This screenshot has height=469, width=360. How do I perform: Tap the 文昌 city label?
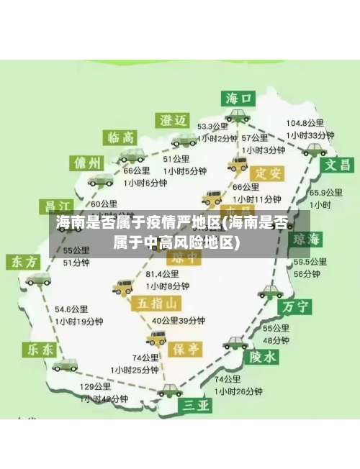(x=340, y=163)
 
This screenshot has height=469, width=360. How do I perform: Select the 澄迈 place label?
(x=174, y=119)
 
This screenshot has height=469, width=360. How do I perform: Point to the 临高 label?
(x=121, y=137)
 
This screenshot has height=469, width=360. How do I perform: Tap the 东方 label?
(x=24, y=262)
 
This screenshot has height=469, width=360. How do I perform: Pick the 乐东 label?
(x=40, y=350)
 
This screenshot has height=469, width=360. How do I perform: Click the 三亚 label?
(x=197, y=406)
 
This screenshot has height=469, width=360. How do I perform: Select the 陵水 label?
(x=263, y=356)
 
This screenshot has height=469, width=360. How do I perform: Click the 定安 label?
(x=267, y=173)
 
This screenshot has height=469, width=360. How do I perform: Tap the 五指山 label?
(x=155, y=303)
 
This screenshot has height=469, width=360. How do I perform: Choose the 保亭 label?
(x=186, y=349)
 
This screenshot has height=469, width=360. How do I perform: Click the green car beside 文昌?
(x=314, y=150)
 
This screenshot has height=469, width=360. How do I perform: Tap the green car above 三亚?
(x=171, y=391)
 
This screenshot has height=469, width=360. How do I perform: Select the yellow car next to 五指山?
(x=122, y=287)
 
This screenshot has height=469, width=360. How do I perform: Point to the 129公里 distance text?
(x=96, y=387)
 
